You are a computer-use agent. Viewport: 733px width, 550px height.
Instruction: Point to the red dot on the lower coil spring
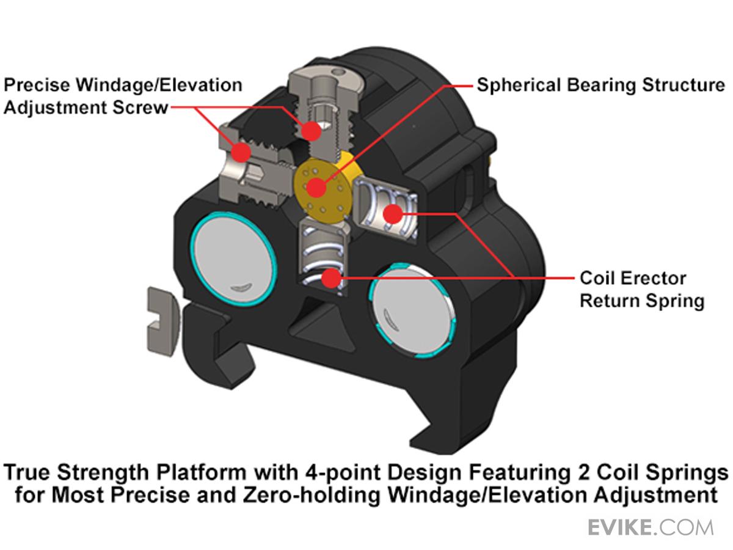pos(330,279)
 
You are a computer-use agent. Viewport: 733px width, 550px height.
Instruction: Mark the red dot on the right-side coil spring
pos(392,213)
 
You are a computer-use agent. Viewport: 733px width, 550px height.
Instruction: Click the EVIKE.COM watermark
pos(650,527)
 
